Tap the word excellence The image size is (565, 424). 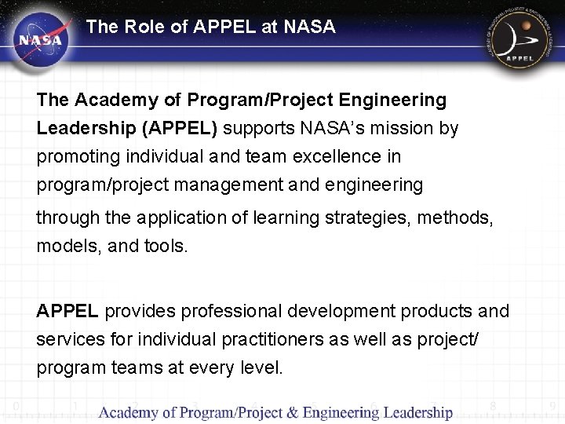point(332,156)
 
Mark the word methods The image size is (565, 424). point(454,217)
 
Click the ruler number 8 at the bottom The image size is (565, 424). point(493,406)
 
